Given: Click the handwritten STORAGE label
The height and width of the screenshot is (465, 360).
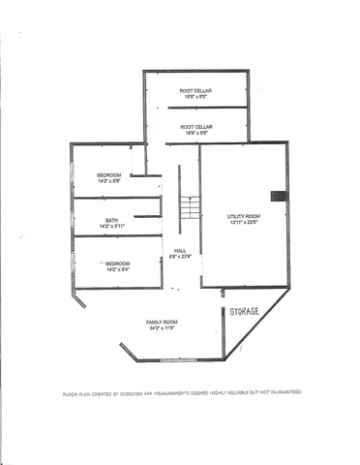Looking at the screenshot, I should click(244, 310).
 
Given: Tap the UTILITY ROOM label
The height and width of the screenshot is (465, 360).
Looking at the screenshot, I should click(244, 215).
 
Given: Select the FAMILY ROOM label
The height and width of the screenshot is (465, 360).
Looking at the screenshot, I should click(162, 322).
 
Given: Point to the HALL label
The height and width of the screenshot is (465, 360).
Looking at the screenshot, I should click(180, 250).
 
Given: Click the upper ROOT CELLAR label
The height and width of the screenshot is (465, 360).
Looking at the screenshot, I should click(195, 91).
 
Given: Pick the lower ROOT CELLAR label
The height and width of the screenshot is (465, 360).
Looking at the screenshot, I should click(195, 126).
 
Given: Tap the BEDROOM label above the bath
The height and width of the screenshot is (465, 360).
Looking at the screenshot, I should click(108, 175).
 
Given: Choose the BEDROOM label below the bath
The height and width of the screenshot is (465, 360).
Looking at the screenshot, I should click(117, 263).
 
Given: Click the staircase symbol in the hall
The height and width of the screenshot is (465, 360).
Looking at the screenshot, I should click(190, 207).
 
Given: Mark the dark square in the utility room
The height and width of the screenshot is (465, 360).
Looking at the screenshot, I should click(279, 196).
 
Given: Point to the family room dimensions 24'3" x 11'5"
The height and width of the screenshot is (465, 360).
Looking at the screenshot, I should click(162, 328).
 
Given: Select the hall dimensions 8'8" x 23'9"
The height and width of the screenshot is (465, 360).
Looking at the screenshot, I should click(180, 257).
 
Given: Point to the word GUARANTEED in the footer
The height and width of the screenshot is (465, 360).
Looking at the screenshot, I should click(282, 393).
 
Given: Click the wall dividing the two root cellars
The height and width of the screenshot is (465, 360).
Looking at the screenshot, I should click(196, 108).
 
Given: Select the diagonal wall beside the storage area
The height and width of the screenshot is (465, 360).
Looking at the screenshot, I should click(255, 325).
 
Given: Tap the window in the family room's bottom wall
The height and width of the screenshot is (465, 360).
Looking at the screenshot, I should click(178, 360).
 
